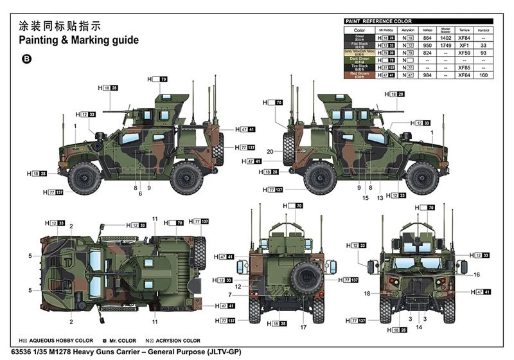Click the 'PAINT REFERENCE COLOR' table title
click(x=378, y=21)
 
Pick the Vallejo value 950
click(x=425, y=46)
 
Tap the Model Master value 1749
click(x=445, y=46)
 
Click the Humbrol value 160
click(x=483, y=75)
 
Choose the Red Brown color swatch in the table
click(x=359, y=75)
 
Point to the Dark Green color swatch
click(x=359, y=60)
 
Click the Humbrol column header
click(x=483, y=30)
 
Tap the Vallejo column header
click(x=425, y=30)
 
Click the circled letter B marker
click(x=26, y=59)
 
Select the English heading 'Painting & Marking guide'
click(x=78, y=40)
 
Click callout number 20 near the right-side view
click(x=270, y=151)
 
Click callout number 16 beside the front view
click(x=476, y=274)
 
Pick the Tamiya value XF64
click(x=464, y=75)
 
